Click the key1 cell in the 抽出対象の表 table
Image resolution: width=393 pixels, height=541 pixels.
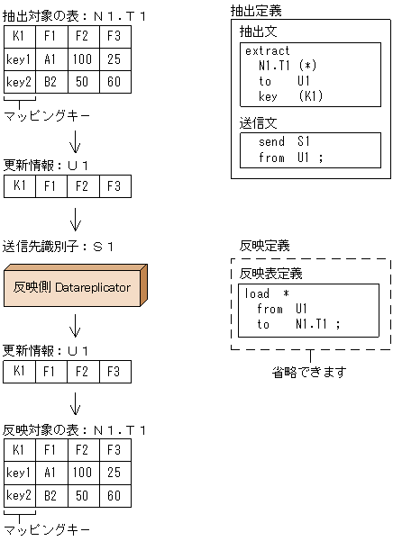pos(18,59)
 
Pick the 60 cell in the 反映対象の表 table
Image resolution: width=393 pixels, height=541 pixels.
pos(114,495)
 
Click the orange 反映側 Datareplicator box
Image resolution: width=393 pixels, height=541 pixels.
pos(72,288)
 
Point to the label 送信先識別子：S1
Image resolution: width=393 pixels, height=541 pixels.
pos(58,246)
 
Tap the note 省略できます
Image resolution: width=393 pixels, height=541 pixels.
pos(309,372)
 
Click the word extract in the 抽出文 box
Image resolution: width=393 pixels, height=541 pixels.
pos(268,51)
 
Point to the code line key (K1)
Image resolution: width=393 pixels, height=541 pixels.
pos(289,95)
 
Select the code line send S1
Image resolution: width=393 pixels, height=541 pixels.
pos(284,142)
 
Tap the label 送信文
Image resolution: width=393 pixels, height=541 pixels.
pos(258,120)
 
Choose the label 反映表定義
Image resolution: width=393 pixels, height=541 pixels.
pos(269,274)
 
